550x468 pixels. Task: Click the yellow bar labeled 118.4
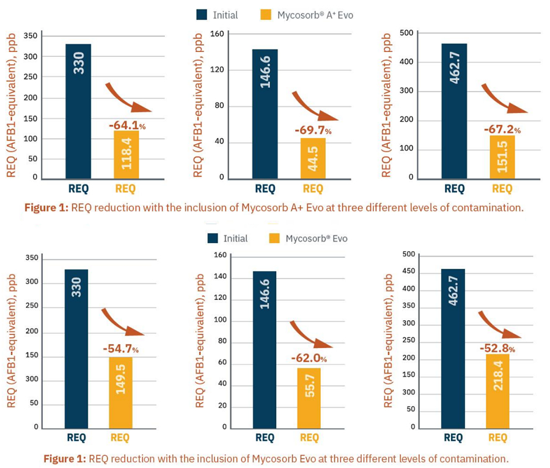[122, 155]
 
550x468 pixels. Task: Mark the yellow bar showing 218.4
[497, 390]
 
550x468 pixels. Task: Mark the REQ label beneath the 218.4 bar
[497, 437]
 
